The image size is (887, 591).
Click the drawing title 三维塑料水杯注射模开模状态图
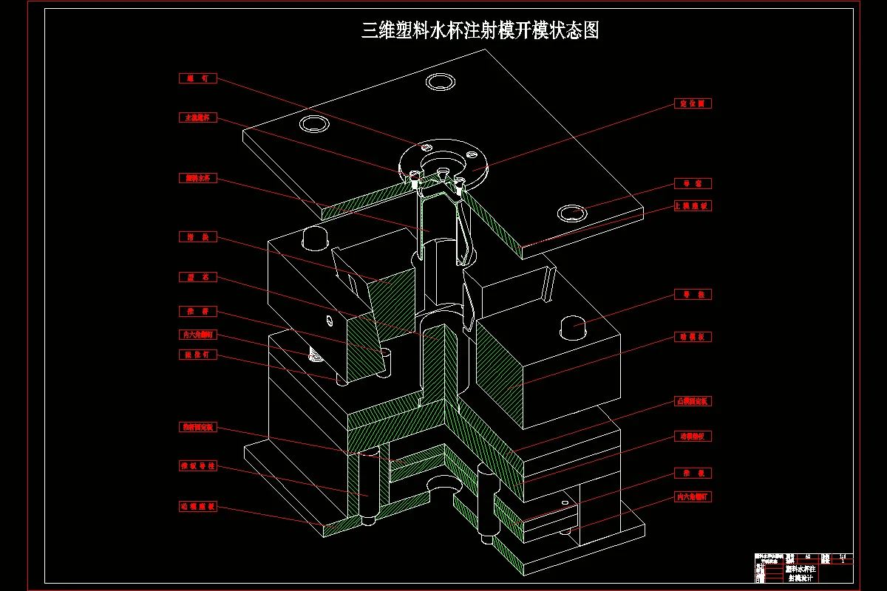[480, 30]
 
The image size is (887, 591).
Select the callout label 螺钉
[198, 78]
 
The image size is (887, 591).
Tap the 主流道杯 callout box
[198, 117]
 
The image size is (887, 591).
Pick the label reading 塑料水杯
[198, 178]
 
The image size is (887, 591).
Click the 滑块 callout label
[198, 237]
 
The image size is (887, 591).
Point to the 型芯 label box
[198, 277]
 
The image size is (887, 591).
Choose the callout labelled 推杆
[198, 311]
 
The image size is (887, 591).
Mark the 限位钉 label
[198, 355]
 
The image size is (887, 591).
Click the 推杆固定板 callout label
[198, 427]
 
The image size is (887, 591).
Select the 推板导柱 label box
[198, 466]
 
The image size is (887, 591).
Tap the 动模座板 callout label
[198, 507]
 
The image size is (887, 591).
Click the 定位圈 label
[693, 104]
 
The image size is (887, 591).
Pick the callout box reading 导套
[693, 183]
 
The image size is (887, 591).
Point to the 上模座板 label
[693, 206]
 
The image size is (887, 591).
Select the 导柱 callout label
[693, 295]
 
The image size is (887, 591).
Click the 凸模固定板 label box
[693, 401]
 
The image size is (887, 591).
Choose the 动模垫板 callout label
[693, 437]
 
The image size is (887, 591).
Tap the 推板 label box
[693, 473]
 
